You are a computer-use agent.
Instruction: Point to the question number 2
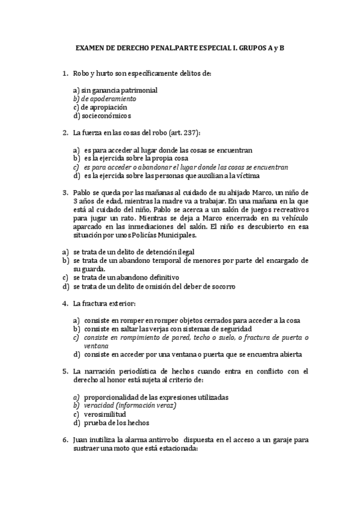point(65,132)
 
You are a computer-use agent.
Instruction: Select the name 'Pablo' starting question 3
point(82,192)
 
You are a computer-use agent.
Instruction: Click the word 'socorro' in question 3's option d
point(221,287)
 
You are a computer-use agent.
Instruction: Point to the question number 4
point(65,304)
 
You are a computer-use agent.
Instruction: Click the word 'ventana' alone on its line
point(96,346)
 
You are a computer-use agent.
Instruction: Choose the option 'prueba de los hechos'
point(113,423)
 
